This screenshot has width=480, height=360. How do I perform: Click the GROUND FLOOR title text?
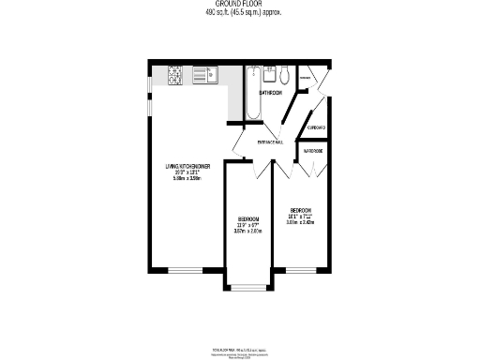(x=240, y=5)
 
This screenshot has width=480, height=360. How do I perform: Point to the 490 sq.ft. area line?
(x=240, y=12)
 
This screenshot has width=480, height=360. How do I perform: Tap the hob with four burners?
(x=174, y=73)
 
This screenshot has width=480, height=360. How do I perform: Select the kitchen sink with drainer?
(x=205, y=74)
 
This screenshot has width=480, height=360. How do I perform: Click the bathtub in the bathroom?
(x=255, y=93)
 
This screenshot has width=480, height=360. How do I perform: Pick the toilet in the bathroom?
(x=285, y=74)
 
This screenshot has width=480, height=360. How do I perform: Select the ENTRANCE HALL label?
(x=272, y=143)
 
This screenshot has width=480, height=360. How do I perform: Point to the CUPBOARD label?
(x=316, y=127)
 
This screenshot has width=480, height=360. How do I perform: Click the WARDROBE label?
(x=312, y=150)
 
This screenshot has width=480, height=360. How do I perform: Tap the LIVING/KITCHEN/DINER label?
(x=187, y=166)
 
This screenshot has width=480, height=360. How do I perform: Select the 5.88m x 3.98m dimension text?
(x=187, y=178)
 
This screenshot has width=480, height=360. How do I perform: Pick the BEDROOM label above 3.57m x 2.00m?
(x=247, y=219)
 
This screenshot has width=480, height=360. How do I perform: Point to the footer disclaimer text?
(x=240, y=354)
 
